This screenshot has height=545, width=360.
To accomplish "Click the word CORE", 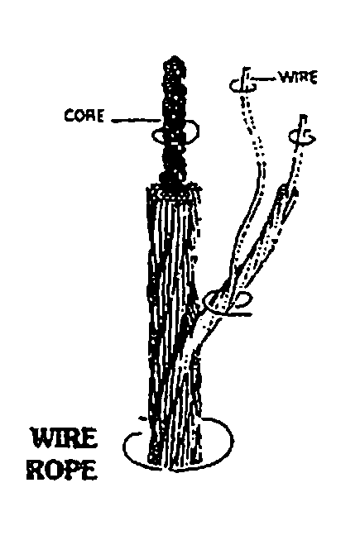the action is (x=84, y=116).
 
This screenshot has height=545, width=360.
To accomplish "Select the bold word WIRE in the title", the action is (x=64, y=438).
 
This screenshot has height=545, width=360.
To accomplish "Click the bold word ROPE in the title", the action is (x=61, y=470).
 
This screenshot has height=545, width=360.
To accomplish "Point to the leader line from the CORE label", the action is (x=136, y=121).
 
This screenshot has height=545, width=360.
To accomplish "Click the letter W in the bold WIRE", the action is (x=44, y=438).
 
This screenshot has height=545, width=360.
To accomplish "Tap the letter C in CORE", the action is (x=70, y=116).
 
